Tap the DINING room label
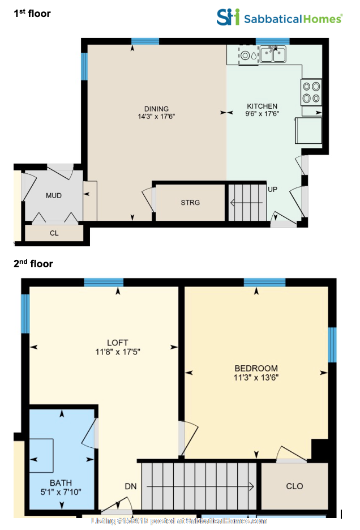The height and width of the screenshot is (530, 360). click(156, 109)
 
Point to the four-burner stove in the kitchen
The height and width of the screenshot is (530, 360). click(311, 92)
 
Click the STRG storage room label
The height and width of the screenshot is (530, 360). click(190, 203)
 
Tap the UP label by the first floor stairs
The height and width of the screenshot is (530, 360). click(272, 189)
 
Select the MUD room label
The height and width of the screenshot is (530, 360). click(54, 196)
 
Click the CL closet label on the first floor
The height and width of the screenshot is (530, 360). click(54, 233)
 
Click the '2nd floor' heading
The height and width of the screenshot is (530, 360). click(33, 263)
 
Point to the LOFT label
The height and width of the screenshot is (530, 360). click(118, 343)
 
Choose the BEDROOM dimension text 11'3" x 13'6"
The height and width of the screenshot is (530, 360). click(256, 377)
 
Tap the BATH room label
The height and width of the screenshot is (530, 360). click(61, 483)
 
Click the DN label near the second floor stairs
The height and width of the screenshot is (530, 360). click(130, 486)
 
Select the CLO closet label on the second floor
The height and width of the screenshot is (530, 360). click(294, 486)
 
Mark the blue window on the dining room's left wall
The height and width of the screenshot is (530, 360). click(84, 66)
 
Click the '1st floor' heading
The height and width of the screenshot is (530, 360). click(32, 13)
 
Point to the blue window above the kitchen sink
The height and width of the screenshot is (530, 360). click(272, 41)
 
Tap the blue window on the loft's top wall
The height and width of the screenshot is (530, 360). click(104, 283)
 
